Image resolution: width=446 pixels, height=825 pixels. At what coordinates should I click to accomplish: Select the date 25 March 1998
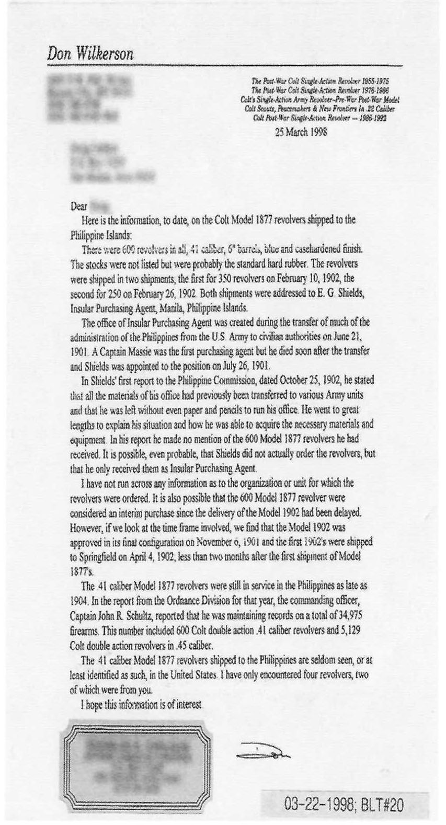pos(301,132)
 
